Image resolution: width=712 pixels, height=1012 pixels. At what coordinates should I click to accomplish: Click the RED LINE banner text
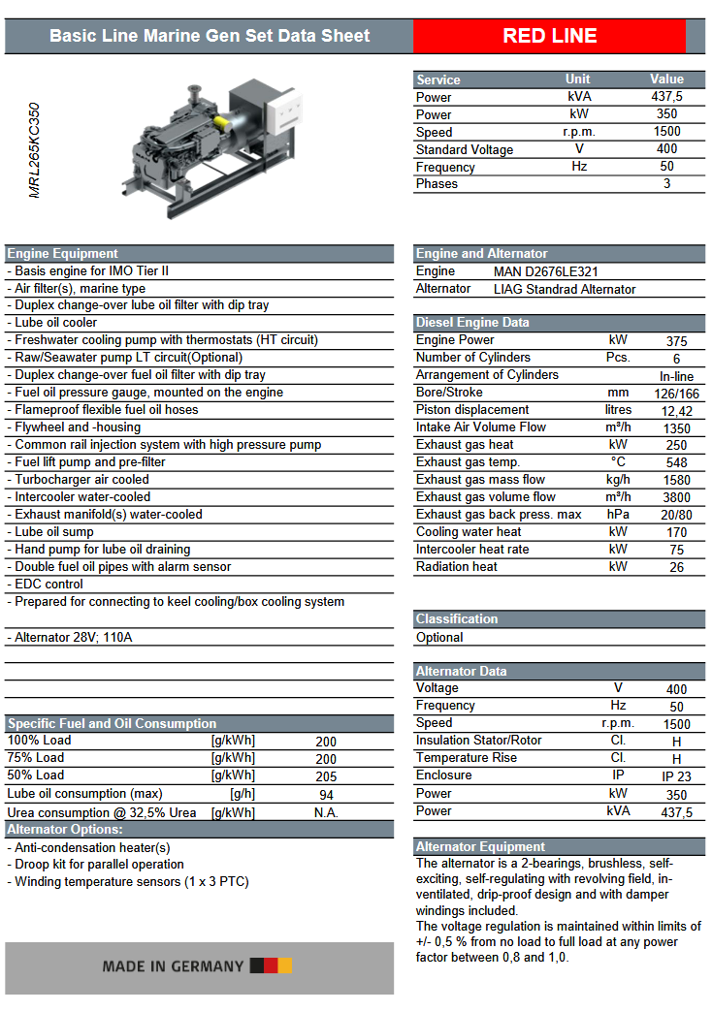pyautogui.click(x=549, y=37)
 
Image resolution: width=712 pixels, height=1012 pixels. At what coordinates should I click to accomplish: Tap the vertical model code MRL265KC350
pyautogui.click(x=35, y=150)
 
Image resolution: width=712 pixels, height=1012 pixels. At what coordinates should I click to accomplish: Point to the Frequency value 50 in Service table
pyautogui.click(x=666, y=167)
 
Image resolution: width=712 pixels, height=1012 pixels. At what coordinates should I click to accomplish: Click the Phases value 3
pyautogui.click(x=666, y=184)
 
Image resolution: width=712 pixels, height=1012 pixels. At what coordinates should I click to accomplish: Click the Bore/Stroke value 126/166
pyautogui.click(x=676, y=393)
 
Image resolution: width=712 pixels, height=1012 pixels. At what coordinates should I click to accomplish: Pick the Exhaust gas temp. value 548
pyautogui.click(x=676, y=462)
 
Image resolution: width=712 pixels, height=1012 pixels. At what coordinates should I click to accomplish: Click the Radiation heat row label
pyautogui.click(x=456, y=567)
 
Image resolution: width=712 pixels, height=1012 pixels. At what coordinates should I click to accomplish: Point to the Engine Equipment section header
pyautogui.click(x=63, y=254)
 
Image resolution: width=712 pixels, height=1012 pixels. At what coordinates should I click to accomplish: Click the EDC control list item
pyautogui.click(x=49, y=585)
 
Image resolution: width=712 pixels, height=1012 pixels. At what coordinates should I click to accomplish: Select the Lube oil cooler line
pyautogui.click(x=55, y=323)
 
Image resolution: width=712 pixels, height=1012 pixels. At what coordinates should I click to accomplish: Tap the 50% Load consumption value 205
pyautogui.click(x=326, y=776)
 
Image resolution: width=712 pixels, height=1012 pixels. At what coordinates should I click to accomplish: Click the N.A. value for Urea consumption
pyautogui.click(x=326, y=813)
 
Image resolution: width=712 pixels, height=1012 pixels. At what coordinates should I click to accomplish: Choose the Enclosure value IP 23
pyautogui.click(x=676, y=776)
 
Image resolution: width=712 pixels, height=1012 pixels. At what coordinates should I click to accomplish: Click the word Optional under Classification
pyautogui.click(x=439, y=638)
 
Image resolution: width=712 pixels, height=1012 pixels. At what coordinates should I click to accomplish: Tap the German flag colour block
pyautogui.click(x=271, y=965)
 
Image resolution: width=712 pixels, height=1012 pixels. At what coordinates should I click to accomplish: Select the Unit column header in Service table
pyautogui.click(x=578, y=79)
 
